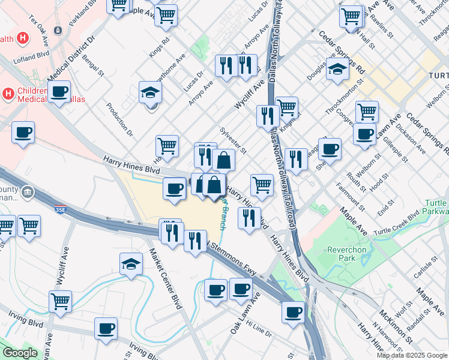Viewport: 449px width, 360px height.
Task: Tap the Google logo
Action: pyautogui.click(x=20, y=353)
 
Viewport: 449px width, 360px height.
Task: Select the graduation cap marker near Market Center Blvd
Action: pyautogui.click(x=131, y=264)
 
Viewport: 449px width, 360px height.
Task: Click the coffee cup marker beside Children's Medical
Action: pyautogui.click(x=59, y=92)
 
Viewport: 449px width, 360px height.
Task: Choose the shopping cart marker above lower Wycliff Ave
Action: pyautogui.click(x=60, y=301)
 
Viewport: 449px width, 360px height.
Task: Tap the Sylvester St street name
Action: pyautogui.click(x=234, y=139)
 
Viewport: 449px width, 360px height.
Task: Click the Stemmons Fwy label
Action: pyautogui.click(x=233, y=259)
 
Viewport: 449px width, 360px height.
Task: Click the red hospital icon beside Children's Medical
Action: pyautogui.click(x=8, y=94)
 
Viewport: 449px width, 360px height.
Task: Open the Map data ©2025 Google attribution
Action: pyautogui.click(x=412, y=355)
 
